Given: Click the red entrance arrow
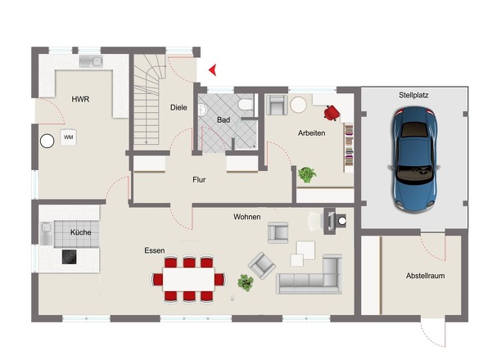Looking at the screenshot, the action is (x=213, y=70).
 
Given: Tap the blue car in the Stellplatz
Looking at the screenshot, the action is (x=414, y=159).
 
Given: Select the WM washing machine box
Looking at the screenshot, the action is (x=69, y=137).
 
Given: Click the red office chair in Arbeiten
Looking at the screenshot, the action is (x=332, y=112).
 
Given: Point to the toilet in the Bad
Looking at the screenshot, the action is (x=246, y=105).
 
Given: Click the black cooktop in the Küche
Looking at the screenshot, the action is (x=70, y=257).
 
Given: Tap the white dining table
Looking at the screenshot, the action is (x=188, y=279).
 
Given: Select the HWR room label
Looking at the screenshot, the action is (x=80, y=99).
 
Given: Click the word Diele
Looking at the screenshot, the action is (x=178, y=107).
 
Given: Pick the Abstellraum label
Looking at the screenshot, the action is (x=425, y=276).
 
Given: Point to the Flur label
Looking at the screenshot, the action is (x=199, y=179).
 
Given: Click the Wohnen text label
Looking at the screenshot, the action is (x=247, y=217).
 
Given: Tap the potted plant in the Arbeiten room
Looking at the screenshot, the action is (x=307, y=175).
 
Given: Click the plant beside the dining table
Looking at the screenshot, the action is (x=246, y=283).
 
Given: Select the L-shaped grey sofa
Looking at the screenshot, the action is (x=309, y=274).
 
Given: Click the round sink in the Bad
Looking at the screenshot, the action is (x=203, y=110).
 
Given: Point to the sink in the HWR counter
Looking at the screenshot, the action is (x=91, y=61).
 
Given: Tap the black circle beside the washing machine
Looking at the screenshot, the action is (x=47, y=141).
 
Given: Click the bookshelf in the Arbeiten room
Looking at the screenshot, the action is (x=349, y=148).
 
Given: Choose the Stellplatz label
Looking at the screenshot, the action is (x=413, y=95).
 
